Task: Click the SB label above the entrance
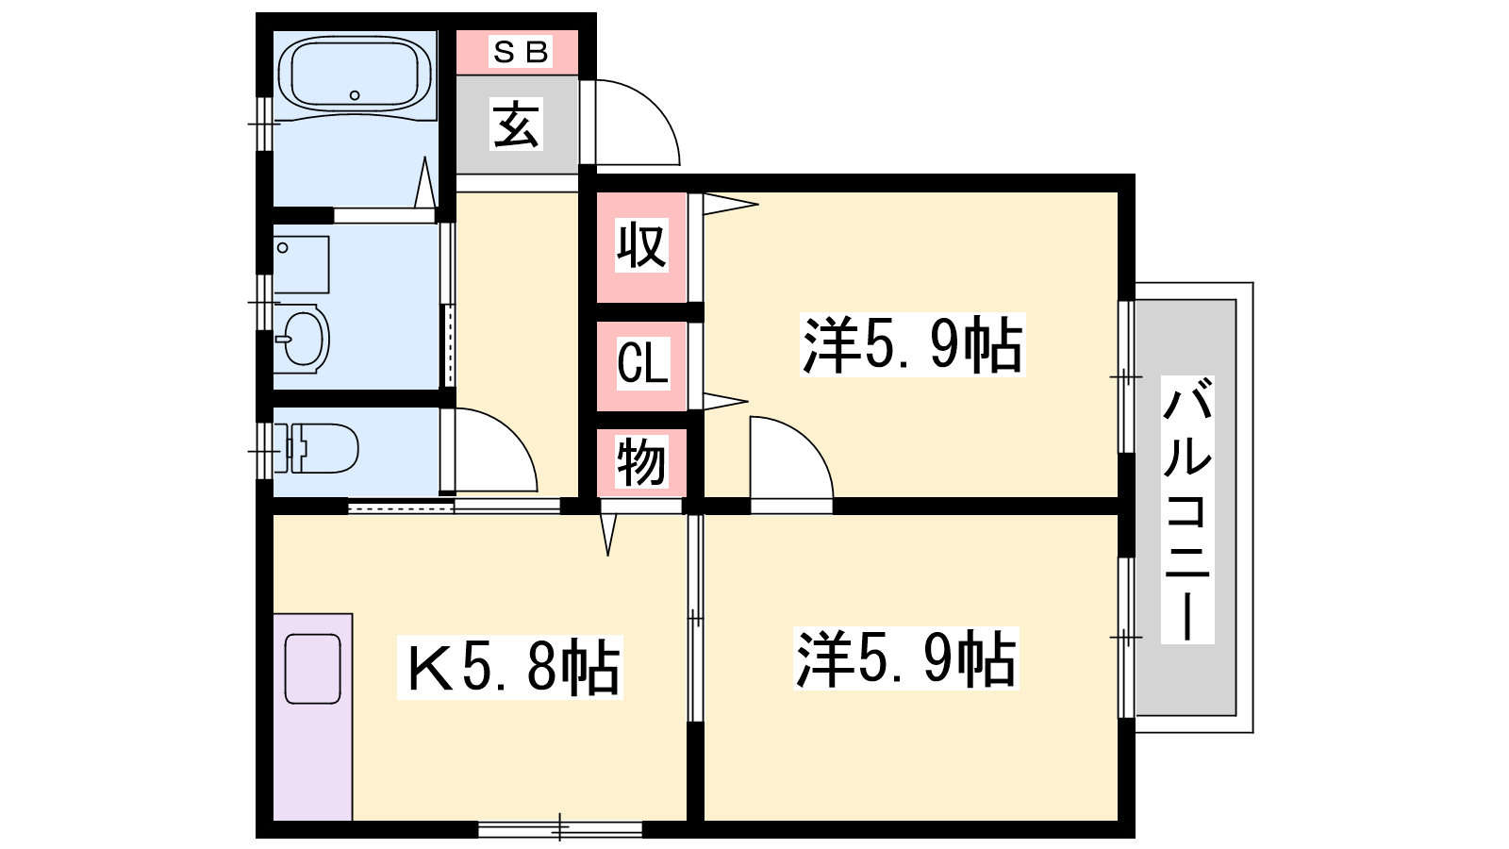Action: (x=521, y=52)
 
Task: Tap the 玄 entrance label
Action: (x=516, y=125)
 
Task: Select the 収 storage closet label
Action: (x=641, y=244)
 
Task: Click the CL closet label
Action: (x=642, y=363)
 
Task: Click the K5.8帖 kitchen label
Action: (x=510, y=667)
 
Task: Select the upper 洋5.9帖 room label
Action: (x=912, y=344)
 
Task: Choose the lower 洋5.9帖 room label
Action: (x=905, y=658)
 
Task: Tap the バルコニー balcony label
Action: (x=1187, y=510)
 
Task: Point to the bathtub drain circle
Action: (x=355, y=95)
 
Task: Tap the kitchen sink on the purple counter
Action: (x=312, y=669)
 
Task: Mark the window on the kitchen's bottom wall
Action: (x=560, y=829)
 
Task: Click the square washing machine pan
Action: (x=301, y=264)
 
